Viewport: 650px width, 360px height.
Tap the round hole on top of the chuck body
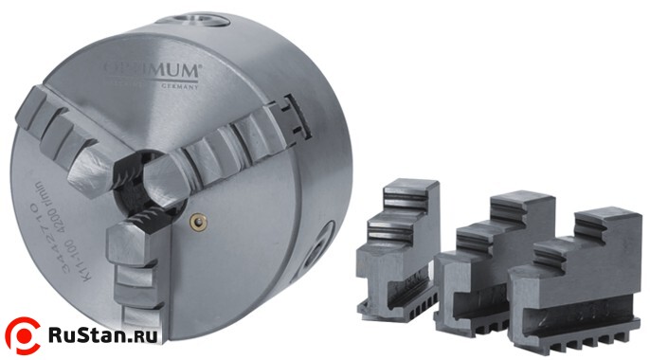203,17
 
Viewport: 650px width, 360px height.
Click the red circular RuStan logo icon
25,334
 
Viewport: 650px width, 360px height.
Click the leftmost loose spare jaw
399,246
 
